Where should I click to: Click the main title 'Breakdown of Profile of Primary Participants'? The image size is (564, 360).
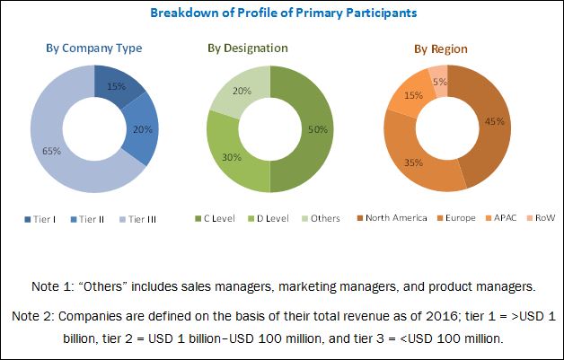click(x=282, y=13)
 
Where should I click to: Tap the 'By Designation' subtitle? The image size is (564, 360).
click(x=270, y=48)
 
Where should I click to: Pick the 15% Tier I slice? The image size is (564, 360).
click(x=118, y=86)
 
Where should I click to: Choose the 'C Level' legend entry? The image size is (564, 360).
click(x=218, y=219)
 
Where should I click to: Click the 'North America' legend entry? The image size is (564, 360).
click(x=395, y=219)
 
